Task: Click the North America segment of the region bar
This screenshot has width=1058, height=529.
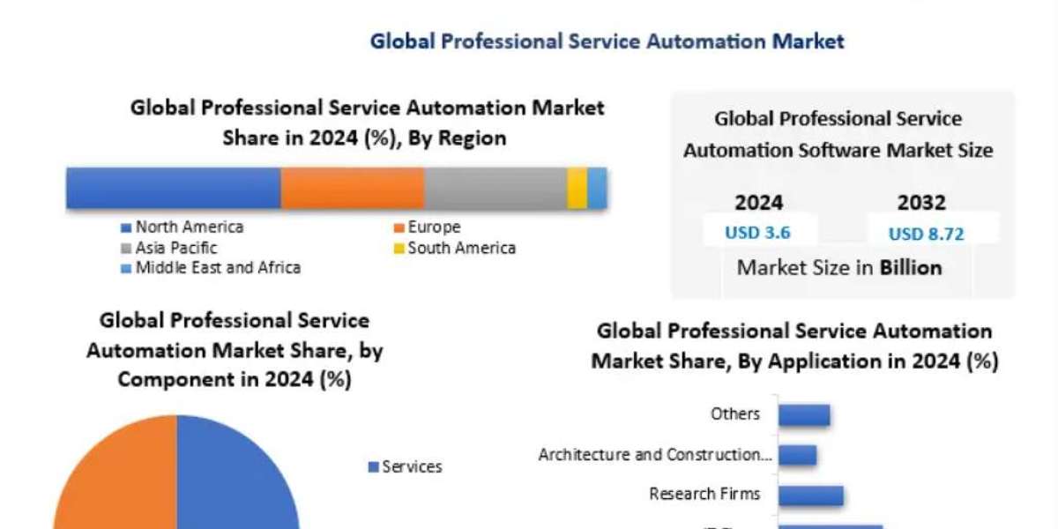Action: tap(174, 188)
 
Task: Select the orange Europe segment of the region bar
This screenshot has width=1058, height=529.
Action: tap(353, 188)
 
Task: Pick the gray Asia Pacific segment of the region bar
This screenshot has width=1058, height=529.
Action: tap(495, 188)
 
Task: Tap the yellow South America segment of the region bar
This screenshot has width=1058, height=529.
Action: tap(577, 188)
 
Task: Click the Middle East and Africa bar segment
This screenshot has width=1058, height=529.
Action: tap(597, 188)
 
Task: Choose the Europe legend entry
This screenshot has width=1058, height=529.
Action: tap(433, 227)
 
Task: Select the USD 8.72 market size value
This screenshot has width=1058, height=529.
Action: tap(926, 234)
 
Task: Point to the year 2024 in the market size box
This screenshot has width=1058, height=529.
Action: tap(758, 203)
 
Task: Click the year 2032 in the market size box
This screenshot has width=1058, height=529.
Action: tap(921, 203)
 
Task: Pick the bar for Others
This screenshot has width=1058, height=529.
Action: tap(804, 414)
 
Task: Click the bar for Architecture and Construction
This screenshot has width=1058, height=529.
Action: tap(797, 455)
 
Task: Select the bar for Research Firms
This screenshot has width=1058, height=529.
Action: tap(810, 495)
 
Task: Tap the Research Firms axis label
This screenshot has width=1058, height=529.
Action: tap(704, 494)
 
